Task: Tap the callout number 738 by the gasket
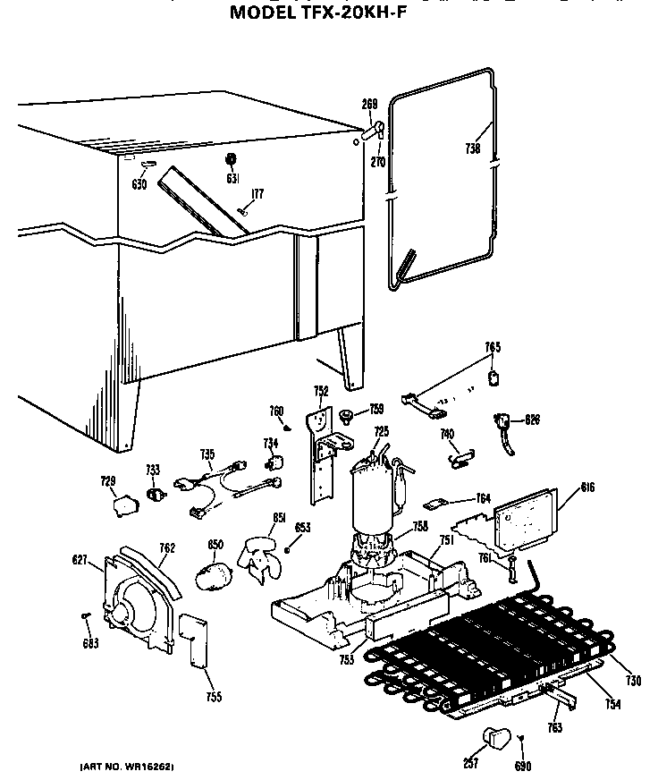point(473,148)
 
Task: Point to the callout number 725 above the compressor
point(382,432)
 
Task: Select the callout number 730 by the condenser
point(634,682)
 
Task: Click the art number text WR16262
point(126,767)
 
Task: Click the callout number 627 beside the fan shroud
point(79,560)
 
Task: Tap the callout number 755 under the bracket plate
point(213,697)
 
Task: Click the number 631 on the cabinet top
point(232,179)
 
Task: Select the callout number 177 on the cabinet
point(257,194)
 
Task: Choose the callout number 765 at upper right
point(493,347)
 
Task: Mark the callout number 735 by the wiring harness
point(207,454)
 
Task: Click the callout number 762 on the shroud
point(167,548)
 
